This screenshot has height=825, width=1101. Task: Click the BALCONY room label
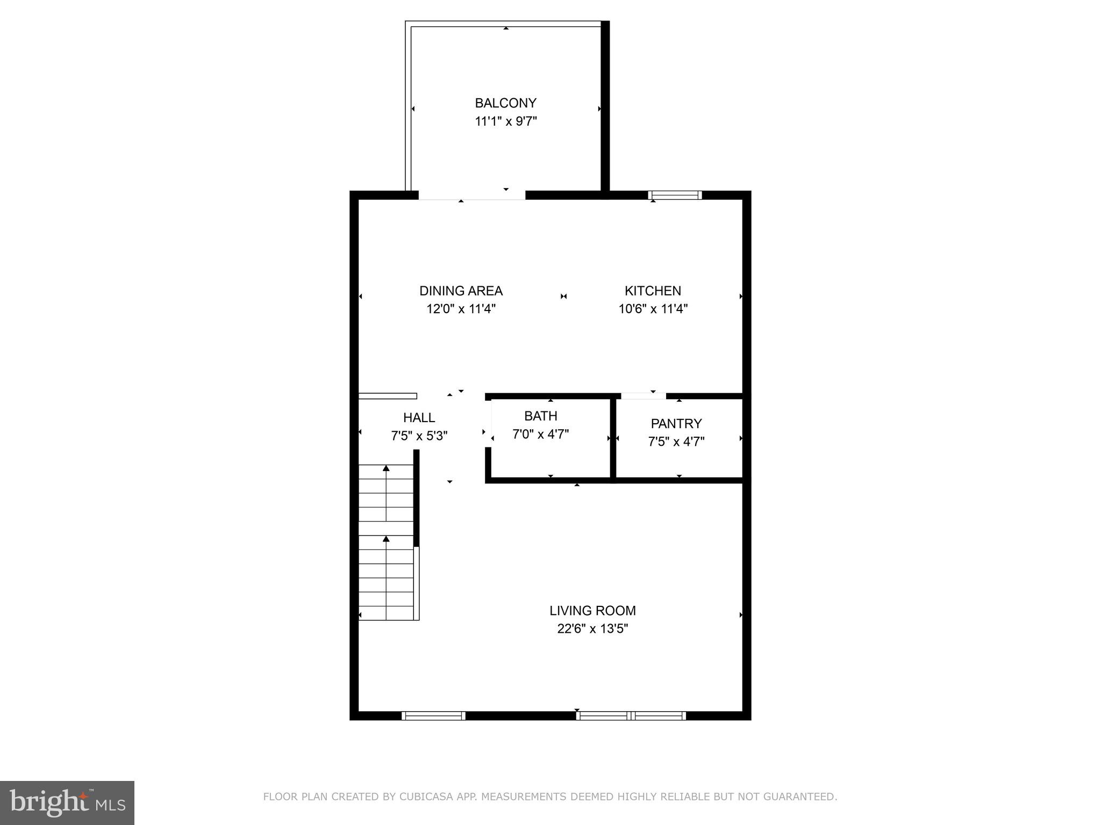coord(505,103)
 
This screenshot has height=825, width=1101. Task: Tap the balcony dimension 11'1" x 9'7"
coord(505,121)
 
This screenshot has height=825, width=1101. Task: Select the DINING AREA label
coord(461,291)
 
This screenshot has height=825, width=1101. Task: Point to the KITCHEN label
coord(653,291)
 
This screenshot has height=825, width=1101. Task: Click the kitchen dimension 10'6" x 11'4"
coord(653,309)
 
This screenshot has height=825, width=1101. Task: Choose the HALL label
coord(419,417)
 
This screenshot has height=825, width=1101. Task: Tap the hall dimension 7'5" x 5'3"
coord(419,436)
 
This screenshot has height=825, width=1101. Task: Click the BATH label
coord(540,416)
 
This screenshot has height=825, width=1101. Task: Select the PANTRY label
coord(676,423)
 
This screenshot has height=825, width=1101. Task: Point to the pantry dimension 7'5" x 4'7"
coord(676,442)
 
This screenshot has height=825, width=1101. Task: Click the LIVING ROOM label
coord(592,610)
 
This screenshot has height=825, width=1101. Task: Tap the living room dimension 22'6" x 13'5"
coord(592,628)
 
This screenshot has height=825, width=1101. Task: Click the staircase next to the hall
coord(386,542)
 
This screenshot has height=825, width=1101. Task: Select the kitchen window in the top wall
coord(675,195)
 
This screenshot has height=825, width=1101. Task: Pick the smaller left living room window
coord(433,715)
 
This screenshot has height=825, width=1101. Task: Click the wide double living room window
coord(631,715)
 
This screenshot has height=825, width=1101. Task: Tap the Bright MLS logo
coord(67,802)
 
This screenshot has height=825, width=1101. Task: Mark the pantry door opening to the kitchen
coord(643,396)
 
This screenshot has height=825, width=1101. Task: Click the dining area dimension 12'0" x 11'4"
coord(461,309)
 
